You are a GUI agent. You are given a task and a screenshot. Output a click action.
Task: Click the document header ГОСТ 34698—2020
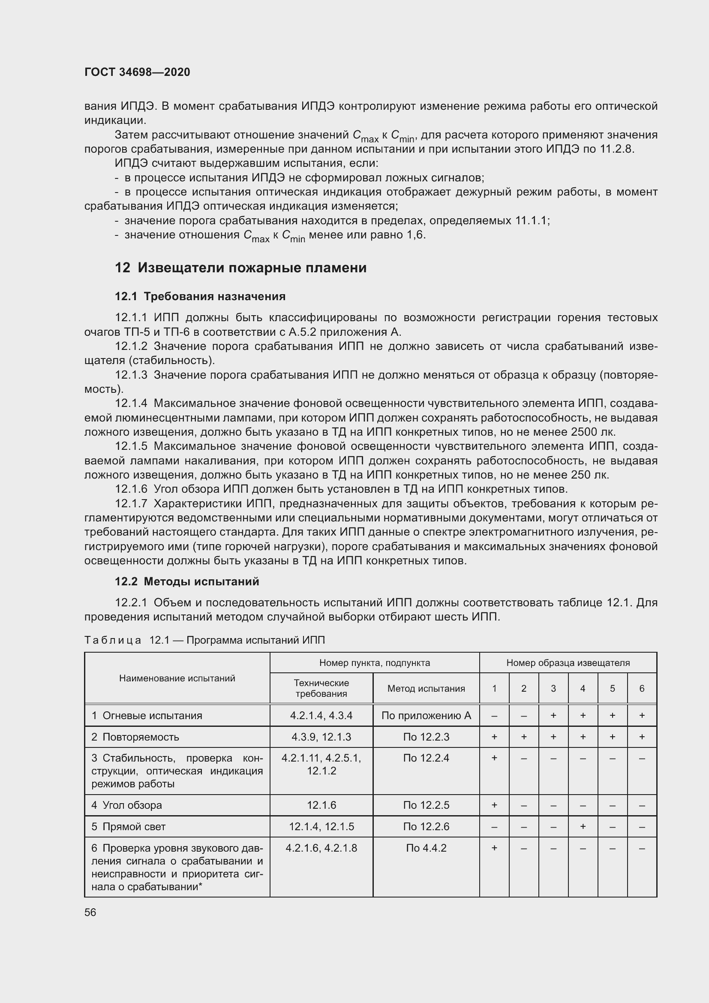137,72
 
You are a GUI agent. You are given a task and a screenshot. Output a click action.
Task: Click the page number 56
90,912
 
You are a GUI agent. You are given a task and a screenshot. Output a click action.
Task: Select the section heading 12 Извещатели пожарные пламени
240,267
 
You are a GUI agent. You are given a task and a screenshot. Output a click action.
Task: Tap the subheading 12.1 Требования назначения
200,296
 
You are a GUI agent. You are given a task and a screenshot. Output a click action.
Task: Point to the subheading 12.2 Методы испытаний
187,581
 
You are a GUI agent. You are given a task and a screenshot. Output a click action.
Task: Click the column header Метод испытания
426,689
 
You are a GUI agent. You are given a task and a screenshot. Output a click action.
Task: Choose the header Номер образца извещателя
568,663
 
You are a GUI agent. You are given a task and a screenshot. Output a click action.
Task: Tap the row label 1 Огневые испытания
147,716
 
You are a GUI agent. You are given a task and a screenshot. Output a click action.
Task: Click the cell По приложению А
426,716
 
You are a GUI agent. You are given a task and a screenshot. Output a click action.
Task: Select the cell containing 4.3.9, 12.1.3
321,737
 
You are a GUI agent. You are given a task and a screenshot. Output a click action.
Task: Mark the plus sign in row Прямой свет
583,826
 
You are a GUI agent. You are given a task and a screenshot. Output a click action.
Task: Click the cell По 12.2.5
426,805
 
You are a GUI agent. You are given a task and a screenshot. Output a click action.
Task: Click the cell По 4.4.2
426,848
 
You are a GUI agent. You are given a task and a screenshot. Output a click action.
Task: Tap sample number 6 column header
642,689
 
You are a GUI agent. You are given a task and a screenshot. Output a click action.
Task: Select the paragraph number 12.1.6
131,489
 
